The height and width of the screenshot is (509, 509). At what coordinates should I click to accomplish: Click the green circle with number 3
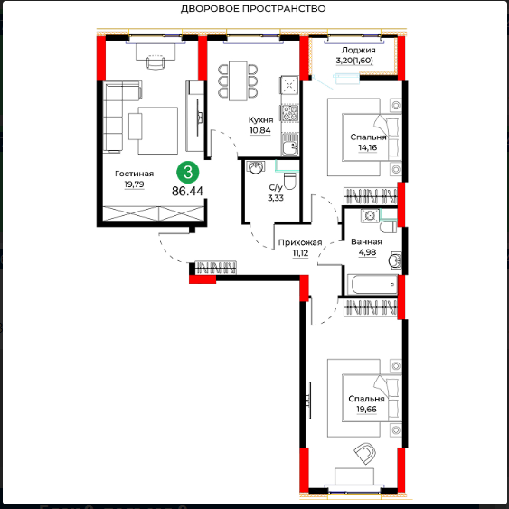188,172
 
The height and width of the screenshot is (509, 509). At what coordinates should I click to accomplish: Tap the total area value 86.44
188,191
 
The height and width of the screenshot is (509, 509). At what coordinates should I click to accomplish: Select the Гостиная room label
134,174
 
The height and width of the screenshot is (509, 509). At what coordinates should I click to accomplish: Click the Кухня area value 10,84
260,130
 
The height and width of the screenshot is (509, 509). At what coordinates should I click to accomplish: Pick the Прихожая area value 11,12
300,253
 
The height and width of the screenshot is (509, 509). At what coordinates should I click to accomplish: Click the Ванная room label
366,241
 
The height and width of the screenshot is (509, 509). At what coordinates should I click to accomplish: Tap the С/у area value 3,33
276,198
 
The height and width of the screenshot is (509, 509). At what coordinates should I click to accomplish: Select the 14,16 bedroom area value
367,147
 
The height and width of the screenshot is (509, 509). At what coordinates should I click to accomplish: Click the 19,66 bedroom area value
366,409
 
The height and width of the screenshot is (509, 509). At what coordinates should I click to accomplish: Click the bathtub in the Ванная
372,285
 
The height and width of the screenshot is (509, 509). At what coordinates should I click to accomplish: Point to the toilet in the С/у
290,181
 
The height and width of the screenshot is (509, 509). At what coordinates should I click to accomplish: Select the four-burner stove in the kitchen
289,113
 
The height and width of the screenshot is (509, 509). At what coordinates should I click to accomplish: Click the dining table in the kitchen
238,80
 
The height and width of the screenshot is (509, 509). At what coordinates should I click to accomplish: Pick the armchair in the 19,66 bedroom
365,453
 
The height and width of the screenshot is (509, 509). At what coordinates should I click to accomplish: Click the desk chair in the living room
156,61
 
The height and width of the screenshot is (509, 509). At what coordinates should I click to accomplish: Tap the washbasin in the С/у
256,167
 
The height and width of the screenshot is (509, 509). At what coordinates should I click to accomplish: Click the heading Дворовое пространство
253,9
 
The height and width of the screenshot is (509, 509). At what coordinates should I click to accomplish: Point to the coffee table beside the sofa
136,127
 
